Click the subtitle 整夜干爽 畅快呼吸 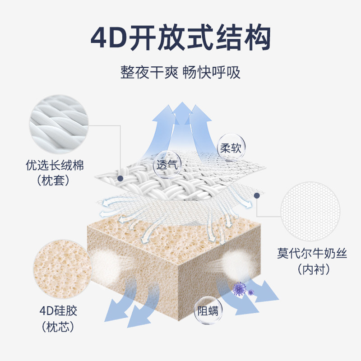point(180,72)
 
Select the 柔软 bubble point(230,148)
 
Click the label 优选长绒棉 point(55,165)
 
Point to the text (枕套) point(55,181)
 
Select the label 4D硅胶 point(55,311)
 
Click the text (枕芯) point(55,327)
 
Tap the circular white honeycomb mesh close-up point(309,210)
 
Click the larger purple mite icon point(239,287)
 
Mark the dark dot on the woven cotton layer point(120,178)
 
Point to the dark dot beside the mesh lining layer point(257,195)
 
